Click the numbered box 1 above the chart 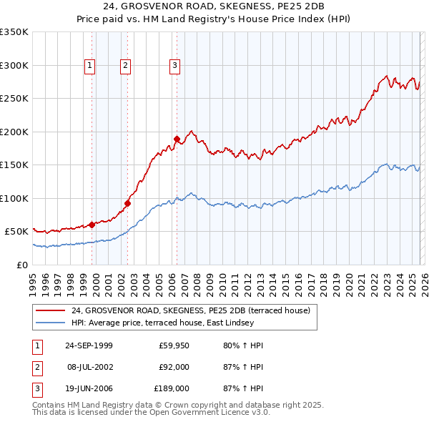[x=90, y=66]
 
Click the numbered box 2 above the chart [x=125, y=66]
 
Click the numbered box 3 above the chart [x=174, y=66]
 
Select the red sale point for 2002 [x=127, y=203]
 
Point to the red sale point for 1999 [x=92, y=225]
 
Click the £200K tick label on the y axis [x=14, y=132]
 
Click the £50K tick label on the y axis [x=16, y=232]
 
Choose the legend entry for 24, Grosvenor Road [x=190, y=311]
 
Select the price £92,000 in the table [x=174, y=367]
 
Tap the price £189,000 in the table [x=172, y=388]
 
